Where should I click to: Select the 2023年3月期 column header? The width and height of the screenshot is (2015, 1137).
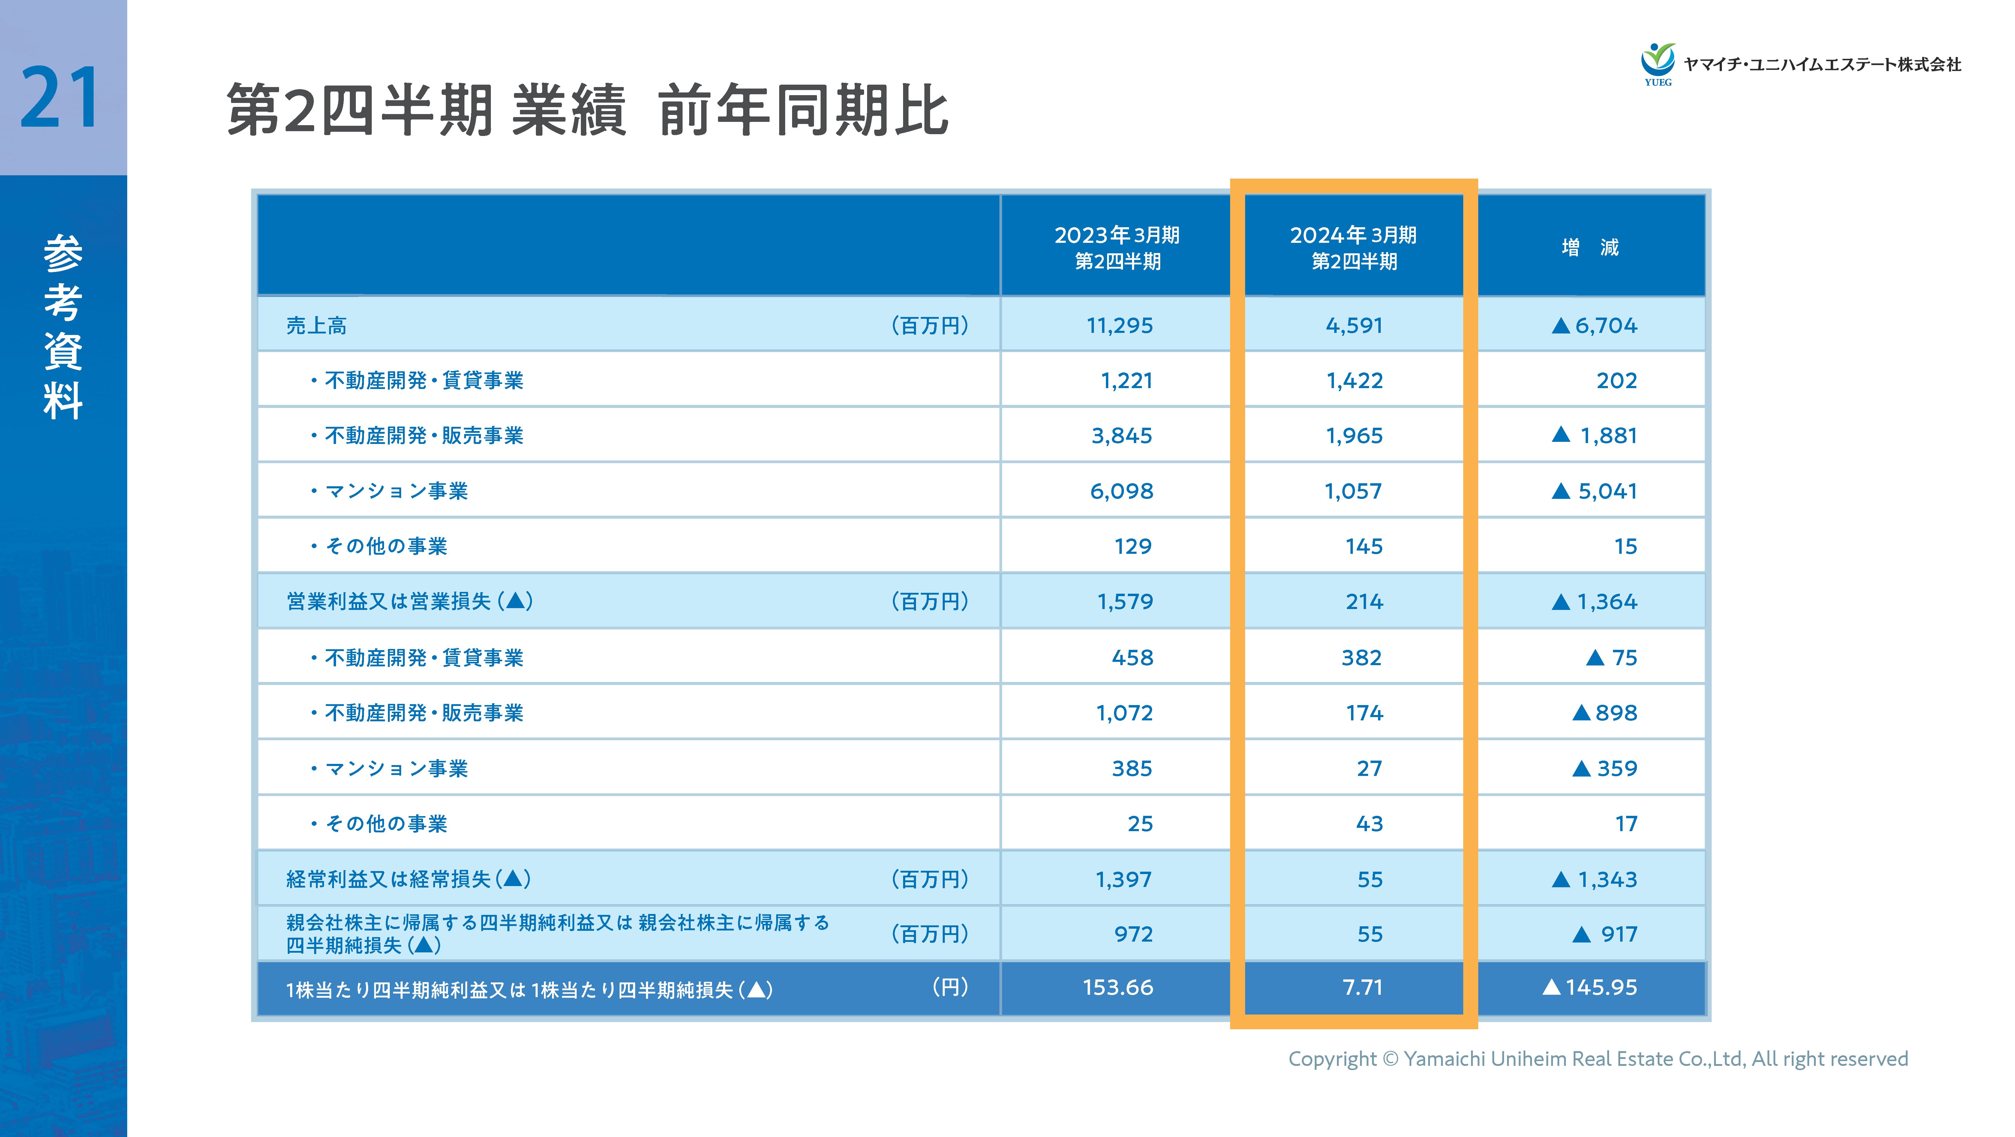point(1117,247)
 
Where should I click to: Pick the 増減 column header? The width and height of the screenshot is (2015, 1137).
point(1590,247)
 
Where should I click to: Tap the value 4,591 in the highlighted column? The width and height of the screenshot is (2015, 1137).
point(1354,326)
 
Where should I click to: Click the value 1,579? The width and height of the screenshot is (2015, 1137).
point(1125,602)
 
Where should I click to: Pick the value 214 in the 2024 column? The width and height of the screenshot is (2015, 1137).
point(1364,602)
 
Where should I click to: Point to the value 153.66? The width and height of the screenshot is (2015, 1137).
point(1118,988)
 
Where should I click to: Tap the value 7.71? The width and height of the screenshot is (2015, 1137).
point(1363,988)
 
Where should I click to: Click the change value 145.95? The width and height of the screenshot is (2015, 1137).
point(1600,988)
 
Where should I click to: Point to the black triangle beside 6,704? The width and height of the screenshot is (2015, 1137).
point(1560,326)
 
